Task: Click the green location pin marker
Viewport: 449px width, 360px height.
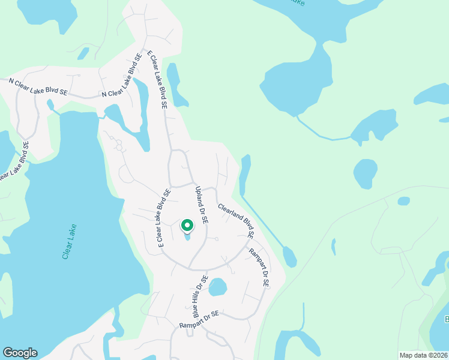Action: (187, 226)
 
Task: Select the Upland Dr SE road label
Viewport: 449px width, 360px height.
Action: (201, 205)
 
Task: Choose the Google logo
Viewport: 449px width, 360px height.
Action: (20, 353)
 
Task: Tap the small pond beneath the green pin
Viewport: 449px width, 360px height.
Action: (187, 237)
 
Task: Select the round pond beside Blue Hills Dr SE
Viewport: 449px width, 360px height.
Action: (217, 287)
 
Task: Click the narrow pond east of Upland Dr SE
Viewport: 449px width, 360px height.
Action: (245, 174)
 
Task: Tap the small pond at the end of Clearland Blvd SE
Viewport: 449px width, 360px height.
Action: (289, 257)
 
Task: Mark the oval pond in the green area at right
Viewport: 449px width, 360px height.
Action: (364, 174)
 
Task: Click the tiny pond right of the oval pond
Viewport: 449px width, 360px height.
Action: (404, 201)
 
